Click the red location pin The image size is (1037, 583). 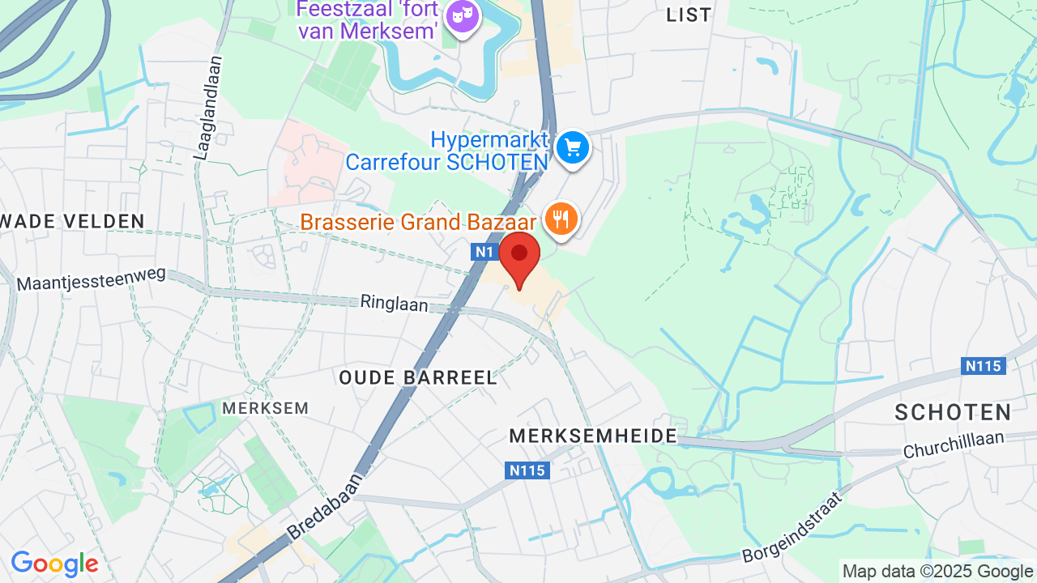coord(519,256)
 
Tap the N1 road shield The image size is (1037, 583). coord(484,252)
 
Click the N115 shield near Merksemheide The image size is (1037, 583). coord(527,470)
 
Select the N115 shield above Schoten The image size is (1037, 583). coord(984,366)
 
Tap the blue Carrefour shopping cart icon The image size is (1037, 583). coord(574,147)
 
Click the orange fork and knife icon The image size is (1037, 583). coord(561,219)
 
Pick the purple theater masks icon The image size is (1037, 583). coord(463,16)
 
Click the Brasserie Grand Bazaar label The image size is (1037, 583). coord(418,222)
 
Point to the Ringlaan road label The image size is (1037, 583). coord(394,304)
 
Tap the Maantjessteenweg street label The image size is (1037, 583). coord(91,279)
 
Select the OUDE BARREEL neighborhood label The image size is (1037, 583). coord(418,377)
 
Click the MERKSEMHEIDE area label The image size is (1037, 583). coord(593,436)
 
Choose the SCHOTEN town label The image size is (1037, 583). coord(954,411)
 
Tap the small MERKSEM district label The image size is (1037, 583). coord(266,408)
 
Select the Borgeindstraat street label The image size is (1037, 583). coord(793,528)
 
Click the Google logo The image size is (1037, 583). coord(54,564)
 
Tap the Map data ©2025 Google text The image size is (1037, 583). coord(937,571)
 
